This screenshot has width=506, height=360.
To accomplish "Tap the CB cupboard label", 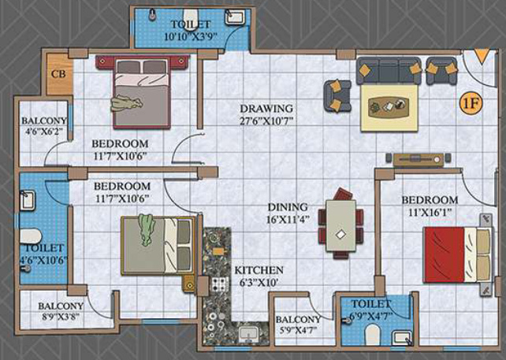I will click(58, 74).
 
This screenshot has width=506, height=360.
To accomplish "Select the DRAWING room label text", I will click(266, 108).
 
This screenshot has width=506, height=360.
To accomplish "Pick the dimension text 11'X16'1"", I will click(429, 212).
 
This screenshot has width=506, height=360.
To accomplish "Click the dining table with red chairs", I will click(340, 224).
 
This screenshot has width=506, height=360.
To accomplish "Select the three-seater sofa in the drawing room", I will click(389, 72).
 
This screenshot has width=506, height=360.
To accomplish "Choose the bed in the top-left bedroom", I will click(140, 90).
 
